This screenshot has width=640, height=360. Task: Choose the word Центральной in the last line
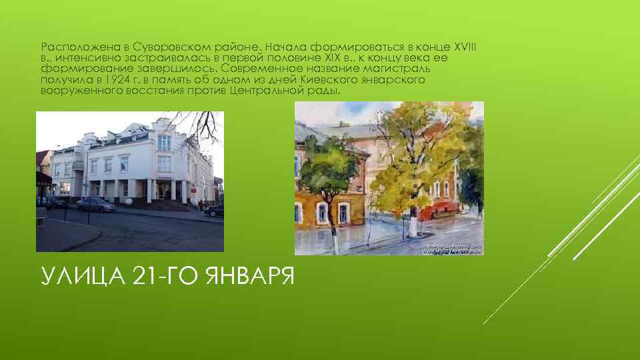click(265, 90)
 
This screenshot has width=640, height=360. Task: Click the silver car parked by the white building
click(97, 205)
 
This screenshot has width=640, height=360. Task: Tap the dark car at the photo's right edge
click(215, 211)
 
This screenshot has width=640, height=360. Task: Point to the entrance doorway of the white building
click(163, 191)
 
